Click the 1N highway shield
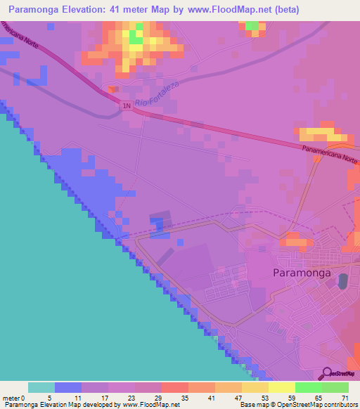click(127, 106)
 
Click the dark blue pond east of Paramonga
click(343, 282)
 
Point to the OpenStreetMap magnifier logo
click(327, 373)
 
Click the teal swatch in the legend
click(41, 387)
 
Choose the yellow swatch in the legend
click(281, 387)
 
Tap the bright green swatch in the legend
click(307, 387)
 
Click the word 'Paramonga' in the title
click(34, 10)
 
